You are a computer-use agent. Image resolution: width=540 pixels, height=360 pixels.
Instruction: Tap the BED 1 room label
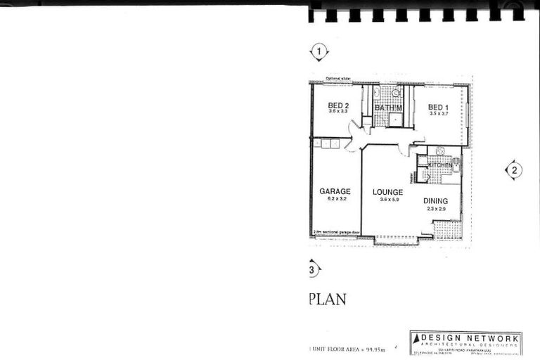click(x=439, y=107)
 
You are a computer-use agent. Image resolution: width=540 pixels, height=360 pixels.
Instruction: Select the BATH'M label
click(x=387, y=108)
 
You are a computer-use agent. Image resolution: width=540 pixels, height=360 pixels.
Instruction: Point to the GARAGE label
click(x=335, y=191)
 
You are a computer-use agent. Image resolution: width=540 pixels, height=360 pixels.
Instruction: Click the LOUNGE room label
click(x=387, y=192)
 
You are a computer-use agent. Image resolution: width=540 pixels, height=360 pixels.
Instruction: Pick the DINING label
click(x=435, y=201)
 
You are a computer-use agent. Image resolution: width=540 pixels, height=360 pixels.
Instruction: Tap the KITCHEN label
click(x=439, y=165)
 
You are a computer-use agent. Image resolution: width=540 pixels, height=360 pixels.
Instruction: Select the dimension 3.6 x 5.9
click(x=389, y=200)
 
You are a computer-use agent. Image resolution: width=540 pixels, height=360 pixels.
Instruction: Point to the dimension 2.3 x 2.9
click(x=436, y=209)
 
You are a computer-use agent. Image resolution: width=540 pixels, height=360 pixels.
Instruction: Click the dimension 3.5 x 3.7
click(x=439, y=113)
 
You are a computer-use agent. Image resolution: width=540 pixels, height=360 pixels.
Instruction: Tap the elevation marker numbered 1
click(x=320, y=51)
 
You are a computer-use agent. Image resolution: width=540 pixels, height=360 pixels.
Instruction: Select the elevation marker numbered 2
click(x=514, y=169)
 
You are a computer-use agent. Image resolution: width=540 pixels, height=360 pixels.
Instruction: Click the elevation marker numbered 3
click(x=312, y=269)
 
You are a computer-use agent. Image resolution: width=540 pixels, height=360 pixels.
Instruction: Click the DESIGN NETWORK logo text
click(x=470, y=339)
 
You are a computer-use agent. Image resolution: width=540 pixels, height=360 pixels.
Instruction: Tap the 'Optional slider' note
click(x=338, y=79)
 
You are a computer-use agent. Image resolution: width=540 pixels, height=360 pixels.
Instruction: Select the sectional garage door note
click(x=335, y=232)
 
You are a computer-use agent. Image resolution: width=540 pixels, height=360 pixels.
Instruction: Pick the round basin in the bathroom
click(x=396, y=93)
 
